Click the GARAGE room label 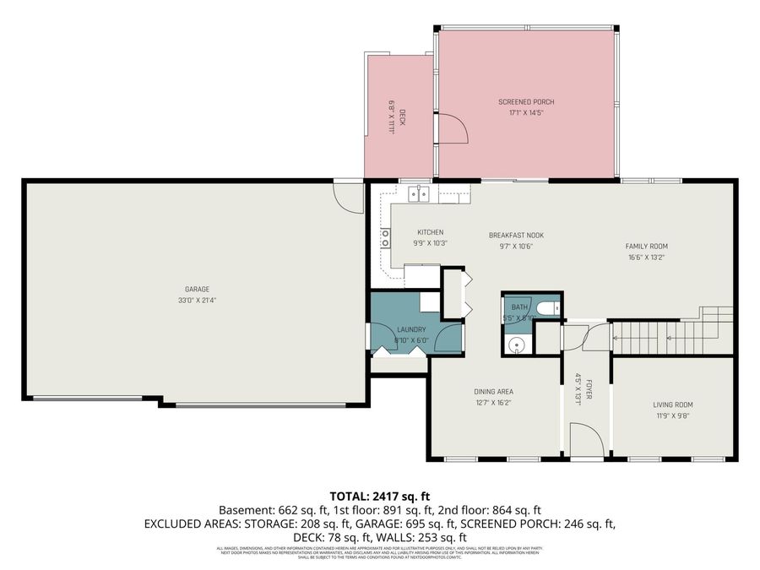pos(197,289)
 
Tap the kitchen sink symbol pos(418,194)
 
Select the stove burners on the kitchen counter pos(385,238)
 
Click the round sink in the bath pos(516,344)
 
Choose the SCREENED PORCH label pos(525,102)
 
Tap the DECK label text pos(403,117)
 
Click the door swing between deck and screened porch pos(454,129)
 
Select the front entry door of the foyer pos(587,441)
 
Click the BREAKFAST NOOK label pos(516,235)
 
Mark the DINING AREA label pos(493,391)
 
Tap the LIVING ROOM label pos(673,404)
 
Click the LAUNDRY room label pos(411,329)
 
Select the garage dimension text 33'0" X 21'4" pos(197,300)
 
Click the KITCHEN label pos(430,232)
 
